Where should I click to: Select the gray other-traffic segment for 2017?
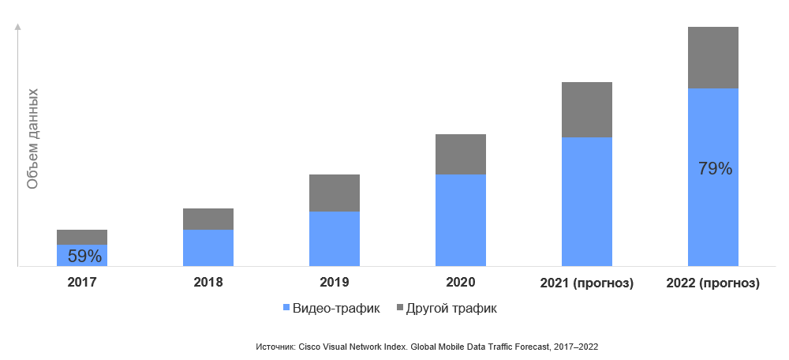pyautogui.click(x=82, y=237)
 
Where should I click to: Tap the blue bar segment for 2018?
pyautogui.click(x=208, y=248)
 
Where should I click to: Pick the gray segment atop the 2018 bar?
pyautogui.click(x=208, y=219)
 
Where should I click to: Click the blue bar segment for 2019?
pyautogui.click(x=335, y=238)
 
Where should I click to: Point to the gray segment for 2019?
pyautogui.click(x=335, y=193)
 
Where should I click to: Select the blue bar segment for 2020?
pyautogui.click(x=461, y=220)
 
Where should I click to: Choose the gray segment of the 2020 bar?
pyautogui.click(x=461, y=154)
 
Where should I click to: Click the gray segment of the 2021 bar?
pyautogui.click(x=587, y=110)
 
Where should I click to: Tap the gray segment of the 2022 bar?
pyautogui.click(x=713, y=58)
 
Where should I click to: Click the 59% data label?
pyautogui.click(x=84, y=256)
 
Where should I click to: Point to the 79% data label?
pyautogui.click(x=716, y=169)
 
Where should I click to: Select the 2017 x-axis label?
pyautogui.click(x=82, y=283)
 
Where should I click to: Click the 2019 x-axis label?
pyautogui.click(x=335, y=283)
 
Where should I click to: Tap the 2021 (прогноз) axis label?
pyautogui.click(x=587, y=283)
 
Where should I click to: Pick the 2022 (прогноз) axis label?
pyautogui.click(x=713, y=283)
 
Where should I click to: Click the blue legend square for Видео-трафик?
pyautogui.click(x=286, y=308)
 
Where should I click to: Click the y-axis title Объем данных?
pyautogui.click(x=32, y=138)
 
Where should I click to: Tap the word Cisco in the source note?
pyautogui.click(x=309, y=347)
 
